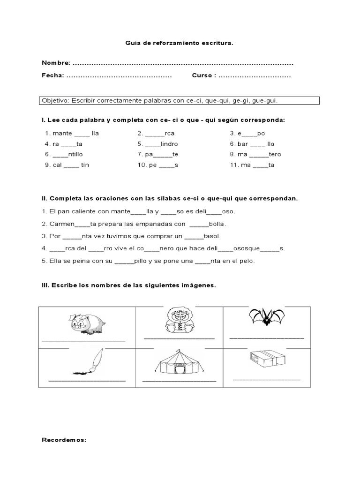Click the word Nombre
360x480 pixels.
click(x=56, y=63)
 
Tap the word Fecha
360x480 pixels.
click(x=52, y=75)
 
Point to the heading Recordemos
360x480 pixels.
click(x=64, y=440)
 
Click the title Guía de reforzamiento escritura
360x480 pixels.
click(x=179, y=43)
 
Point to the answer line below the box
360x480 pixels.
click(x=267, y=379)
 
